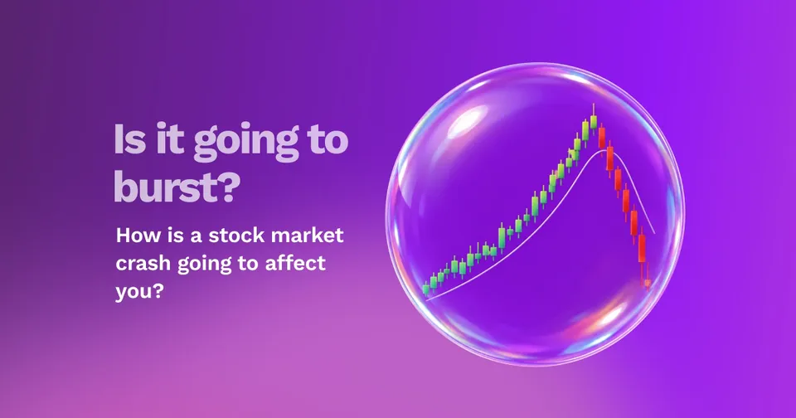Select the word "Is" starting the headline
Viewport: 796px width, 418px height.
pyautogui.click(x=130, y=138)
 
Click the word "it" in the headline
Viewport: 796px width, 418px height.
pyautogui.click(x=169, y=138)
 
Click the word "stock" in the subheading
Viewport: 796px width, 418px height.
pyautogui.click(x=236, y=236)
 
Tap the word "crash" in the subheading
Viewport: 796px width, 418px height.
pyautogui.click(x=143, y=263)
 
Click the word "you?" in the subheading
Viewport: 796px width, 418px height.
pyautogui.click(x=139, y=292)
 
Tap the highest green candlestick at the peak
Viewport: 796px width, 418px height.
pyautogui.click(x=594, y=121)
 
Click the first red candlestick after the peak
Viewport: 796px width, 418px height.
pyautogui.click(x=602, y=137)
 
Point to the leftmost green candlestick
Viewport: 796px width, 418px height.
pyautogui.click(x=426, y=289)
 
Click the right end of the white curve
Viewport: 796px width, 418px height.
pyautogui.click(x=654, y=233)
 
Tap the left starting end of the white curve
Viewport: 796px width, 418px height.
pyautogui.click(x=426, y=300)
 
